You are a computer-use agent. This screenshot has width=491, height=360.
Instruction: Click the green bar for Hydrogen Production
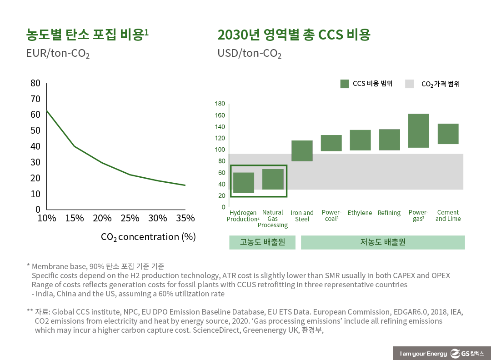(x=243, y=183)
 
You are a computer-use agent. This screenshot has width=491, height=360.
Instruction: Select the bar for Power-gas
(x=418, y=130)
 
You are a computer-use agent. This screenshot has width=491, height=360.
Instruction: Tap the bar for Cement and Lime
(x=448, y=134)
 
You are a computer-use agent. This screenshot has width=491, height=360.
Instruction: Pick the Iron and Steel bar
(x=301, y=151)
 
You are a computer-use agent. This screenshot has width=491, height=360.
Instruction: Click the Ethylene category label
(x=360, y=213)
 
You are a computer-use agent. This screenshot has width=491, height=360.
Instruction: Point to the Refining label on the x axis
(x=389, y=213)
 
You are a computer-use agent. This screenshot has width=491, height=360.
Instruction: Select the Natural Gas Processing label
(x=273, y=219)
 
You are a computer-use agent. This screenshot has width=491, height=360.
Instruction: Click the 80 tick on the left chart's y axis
(x=35, y=83)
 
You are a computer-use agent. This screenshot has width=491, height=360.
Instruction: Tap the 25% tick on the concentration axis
(x=130, y=218)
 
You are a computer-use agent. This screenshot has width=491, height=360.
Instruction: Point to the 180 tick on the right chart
(x=220, y=104)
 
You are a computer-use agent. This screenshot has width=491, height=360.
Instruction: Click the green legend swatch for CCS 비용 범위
(x=345, y=84)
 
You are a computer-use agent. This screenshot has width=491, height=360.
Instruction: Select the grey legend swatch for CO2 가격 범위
(x=409, y=84)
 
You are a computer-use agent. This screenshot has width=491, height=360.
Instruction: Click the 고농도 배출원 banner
(x=262, y=242)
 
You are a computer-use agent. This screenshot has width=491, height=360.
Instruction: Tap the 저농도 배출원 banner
(x=382, y=242)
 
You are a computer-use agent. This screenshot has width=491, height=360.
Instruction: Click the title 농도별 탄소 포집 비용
(x=87, y=35)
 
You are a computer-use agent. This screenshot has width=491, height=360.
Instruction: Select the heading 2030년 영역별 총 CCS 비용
(x=294, y=35)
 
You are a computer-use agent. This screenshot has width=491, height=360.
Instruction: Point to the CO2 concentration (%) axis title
(x=148, y=237)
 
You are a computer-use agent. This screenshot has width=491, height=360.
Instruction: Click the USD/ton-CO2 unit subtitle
(x=249, y=54)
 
